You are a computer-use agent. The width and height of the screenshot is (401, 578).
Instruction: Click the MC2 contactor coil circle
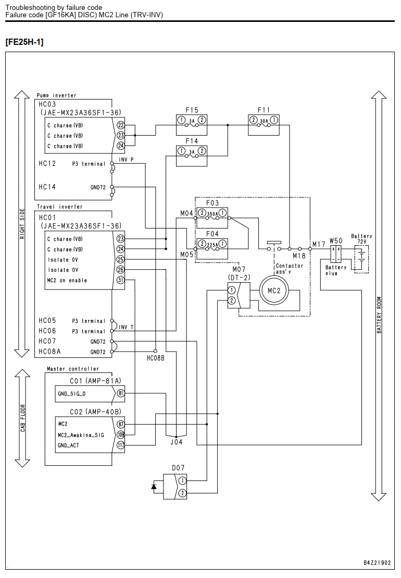[x=274, y=291]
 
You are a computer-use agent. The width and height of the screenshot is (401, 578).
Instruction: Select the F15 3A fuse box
[x=191, y=125]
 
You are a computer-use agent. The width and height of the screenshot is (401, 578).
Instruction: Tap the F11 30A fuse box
[x=264, y=125]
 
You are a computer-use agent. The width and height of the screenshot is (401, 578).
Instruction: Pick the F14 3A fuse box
[x=191, y=155]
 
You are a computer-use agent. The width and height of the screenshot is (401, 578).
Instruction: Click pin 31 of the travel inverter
[x=121, y=280]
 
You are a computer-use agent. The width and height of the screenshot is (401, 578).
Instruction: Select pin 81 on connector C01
[x=121, y=393]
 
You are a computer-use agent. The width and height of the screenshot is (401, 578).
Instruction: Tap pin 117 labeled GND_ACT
[x=121, y=445]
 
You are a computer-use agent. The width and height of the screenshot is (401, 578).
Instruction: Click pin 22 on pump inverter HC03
[x=121, y=125]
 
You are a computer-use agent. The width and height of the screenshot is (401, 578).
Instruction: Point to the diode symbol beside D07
[x=154, y=487]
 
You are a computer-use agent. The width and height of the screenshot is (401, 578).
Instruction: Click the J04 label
[x=176, y=442]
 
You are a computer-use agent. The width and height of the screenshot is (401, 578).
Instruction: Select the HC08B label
[x=156, y=358]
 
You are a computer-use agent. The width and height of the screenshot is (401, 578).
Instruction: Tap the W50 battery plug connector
[x=335, y=254]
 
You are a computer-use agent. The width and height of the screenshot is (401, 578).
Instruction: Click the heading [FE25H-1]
[x=24, y=42]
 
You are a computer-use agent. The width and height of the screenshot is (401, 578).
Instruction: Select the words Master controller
[x=73, y=369]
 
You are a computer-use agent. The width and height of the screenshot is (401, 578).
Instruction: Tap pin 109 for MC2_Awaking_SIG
[x=121, y=435]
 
